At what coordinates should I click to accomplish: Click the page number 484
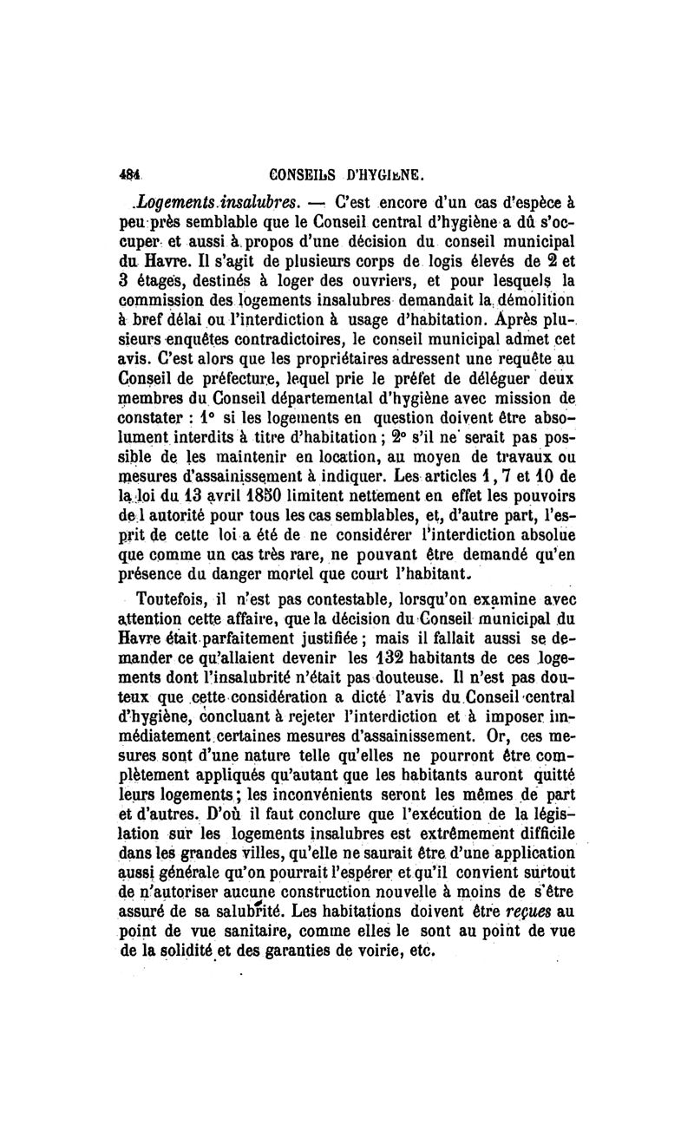(x=132, y=173)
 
